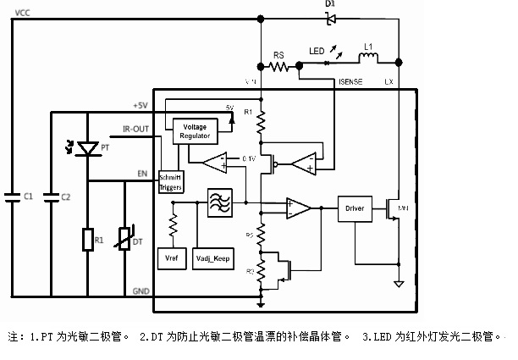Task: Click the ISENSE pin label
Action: tap(350, 82)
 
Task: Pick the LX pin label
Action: tap(388, 82)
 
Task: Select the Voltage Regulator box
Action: tap(194, 130)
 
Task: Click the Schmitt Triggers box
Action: tap(170, 182)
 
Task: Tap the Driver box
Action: tap(355, 207)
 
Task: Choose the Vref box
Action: tap(172, 258)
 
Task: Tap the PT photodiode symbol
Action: tap(85, 149)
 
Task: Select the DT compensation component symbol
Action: tap(126, 240)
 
